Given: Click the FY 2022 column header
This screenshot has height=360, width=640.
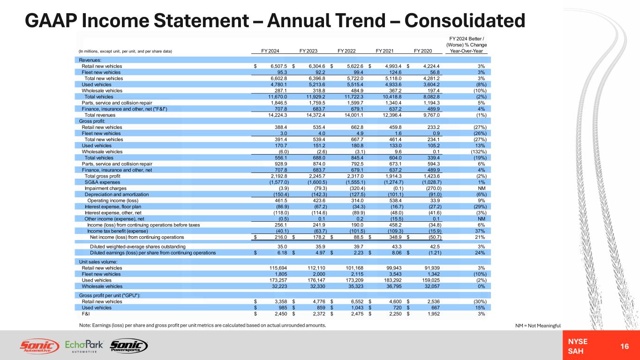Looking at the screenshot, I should [347, 51].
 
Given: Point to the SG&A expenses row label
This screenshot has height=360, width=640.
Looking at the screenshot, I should [102, 182].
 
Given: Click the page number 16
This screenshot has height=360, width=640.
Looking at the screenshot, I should [624, 346].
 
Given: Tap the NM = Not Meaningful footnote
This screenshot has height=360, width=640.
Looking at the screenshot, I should [537, 325].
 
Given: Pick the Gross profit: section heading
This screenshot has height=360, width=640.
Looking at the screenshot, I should [92, 121].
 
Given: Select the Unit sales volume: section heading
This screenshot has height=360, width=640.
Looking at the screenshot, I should [98, 261].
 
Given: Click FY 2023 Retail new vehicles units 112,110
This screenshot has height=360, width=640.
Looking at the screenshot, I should [307, 268].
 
